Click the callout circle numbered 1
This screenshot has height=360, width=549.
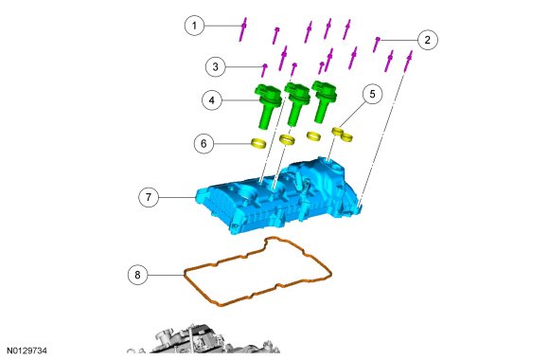pyautogui.click(x=194, y=26)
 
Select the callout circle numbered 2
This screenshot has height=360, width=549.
pyautogui.click(x=427, y=40)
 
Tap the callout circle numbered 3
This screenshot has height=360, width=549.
pyautogui.click(x=215, y=66)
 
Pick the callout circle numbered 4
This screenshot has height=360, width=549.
pyautogui.click(x=212, y=100)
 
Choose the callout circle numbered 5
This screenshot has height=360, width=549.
pyautogui.click(x=372, y=94)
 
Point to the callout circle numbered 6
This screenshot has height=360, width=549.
pyautogui.click(x=204, y=143)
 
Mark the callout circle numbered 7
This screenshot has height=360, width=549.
pyautogui.click(x=149, y=197)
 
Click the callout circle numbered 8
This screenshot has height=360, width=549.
pyautogui.click(x=137, y=275)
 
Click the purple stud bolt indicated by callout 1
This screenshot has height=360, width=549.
pyautogui.click(x=243, y=29)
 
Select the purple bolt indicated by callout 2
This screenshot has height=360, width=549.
pyautogui.click(x=377, y=45)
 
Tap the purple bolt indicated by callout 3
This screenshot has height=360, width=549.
pyautogui.click(x=264, y=70)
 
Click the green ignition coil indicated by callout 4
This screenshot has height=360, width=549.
pyautogui.click(x=268, y=106)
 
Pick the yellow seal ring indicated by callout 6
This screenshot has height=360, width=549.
pyautogui.click(x=258, y=143)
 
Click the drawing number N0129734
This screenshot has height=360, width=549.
pyautogui.click(x=27, y=351)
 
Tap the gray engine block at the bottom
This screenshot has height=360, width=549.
pyautogui.click(x=204, y=341)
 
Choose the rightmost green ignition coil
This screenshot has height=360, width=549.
pyautogui.click(x=325, y=101)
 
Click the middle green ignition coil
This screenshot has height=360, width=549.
pyautogui.click(x=297, y=104)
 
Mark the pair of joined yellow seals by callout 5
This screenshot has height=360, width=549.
pyautogui.click(x=342, y=135)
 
